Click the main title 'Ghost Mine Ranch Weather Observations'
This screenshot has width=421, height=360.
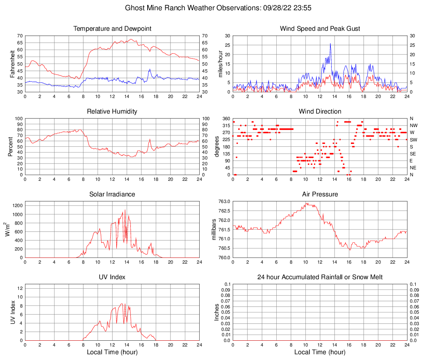(x=210, y=8)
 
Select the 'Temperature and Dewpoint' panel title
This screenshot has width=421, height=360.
(x=112, y=29)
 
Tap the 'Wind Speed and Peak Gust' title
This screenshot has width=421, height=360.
(x=320, y=29)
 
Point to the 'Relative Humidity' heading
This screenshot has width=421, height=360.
(x=112, y=112)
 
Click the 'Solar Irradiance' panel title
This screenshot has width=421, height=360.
(x=112, y=194)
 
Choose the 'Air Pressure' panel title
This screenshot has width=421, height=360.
(x=320, y=194)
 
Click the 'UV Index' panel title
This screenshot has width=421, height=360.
(x=112, y=277)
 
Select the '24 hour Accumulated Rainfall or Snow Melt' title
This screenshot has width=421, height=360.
(x=320, y=277)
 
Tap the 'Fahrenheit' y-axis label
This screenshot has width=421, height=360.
(x=12, y=64)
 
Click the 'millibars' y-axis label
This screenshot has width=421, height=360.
(x=214, y=230)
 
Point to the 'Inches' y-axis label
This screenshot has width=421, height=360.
(x=217, y=312)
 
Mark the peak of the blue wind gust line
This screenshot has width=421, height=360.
(x=330, y=43)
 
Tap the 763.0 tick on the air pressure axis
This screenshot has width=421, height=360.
(x=223, y=201)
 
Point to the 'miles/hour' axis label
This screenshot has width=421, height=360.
(x=221, y=64)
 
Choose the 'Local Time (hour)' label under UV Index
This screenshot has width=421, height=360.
(x=112, y=352)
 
